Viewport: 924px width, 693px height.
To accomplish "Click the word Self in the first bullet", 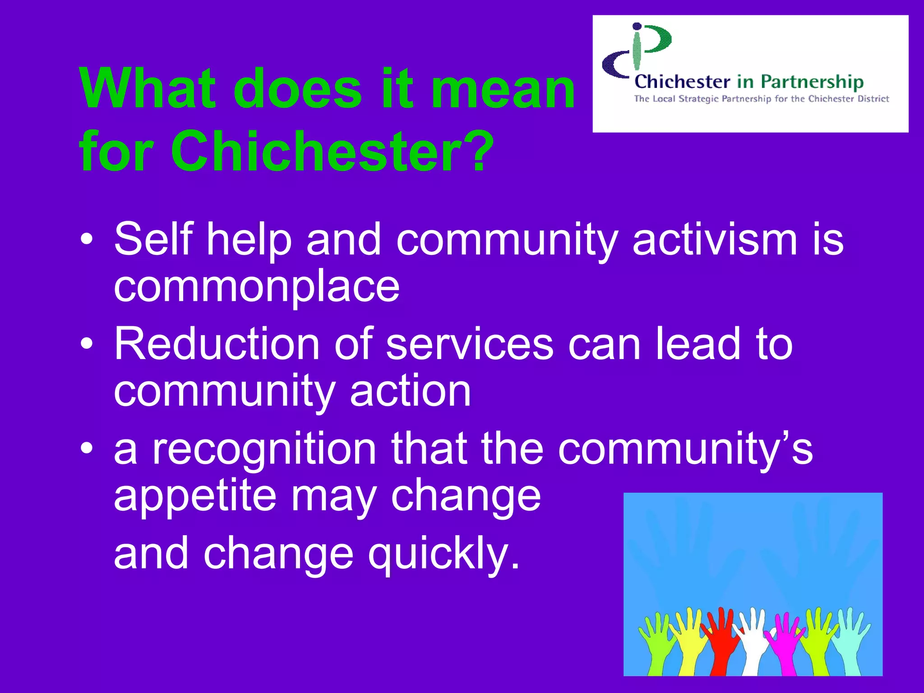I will pyautogui.click(x=153, y=239).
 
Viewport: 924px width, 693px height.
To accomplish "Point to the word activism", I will pyautogui.click(x=715, y=239).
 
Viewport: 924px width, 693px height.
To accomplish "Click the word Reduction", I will pyautogui.click(x=217, y=344).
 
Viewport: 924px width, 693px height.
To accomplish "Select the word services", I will pyautogui.click(x=470, y=344).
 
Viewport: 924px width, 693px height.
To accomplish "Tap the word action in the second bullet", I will pyautogui.click(x=411, y=391).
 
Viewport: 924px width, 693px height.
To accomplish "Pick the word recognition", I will pyautogui.click(x=264, y=449).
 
